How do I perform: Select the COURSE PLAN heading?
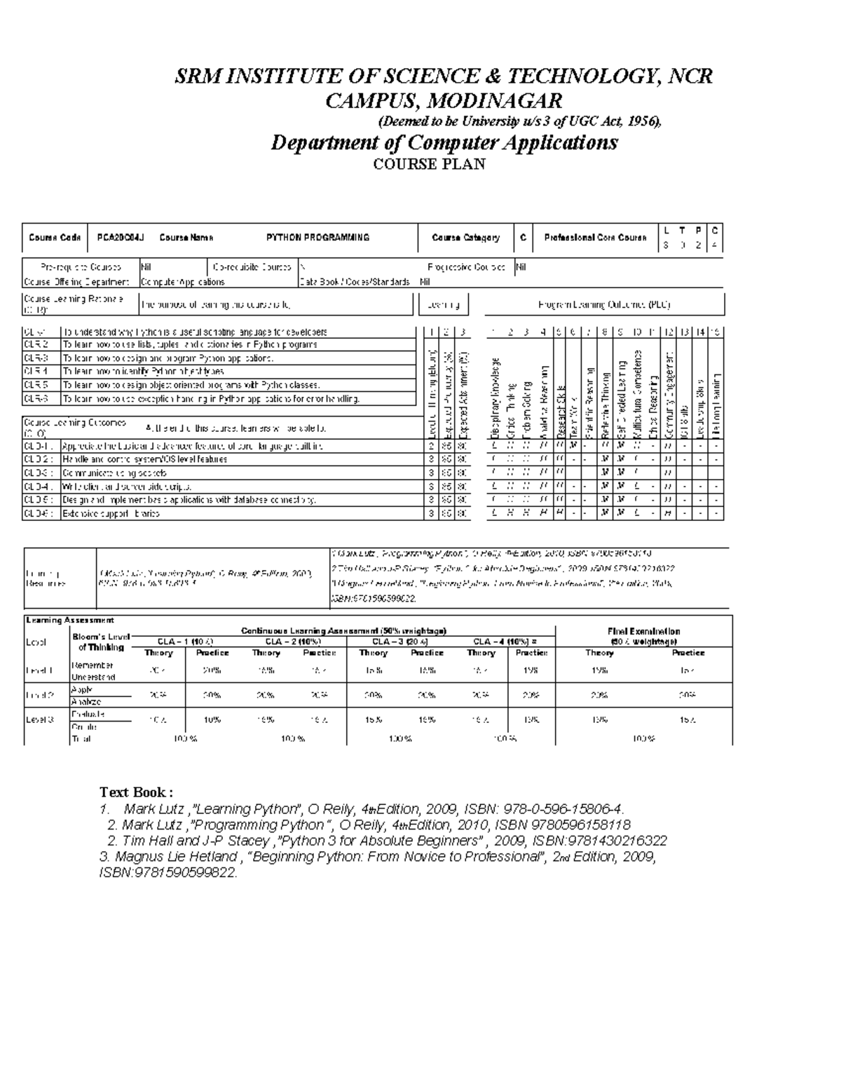pyautogui.click(x=430, y=165)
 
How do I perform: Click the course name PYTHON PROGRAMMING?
pyautogui.click(x=317, y=238)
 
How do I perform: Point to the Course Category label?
pyautogui.click(x=465, y=238)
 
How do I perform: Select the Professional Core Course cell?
pyautogui.click(x=595, y=238)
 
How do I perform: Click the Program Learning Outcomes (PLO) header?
pyautogui.click(x=604, y=305)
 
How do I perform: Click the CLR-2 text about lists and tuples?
pyautogui.click(x=189, y=345)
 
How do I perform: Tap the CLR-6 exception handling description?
pyautogui.click(x=211, y=398)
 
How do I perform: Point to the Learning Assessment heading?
pyautogui.click(x=69, y=620)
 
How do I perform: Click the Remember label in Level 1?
pyautogui.click(x=92, y=665)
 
